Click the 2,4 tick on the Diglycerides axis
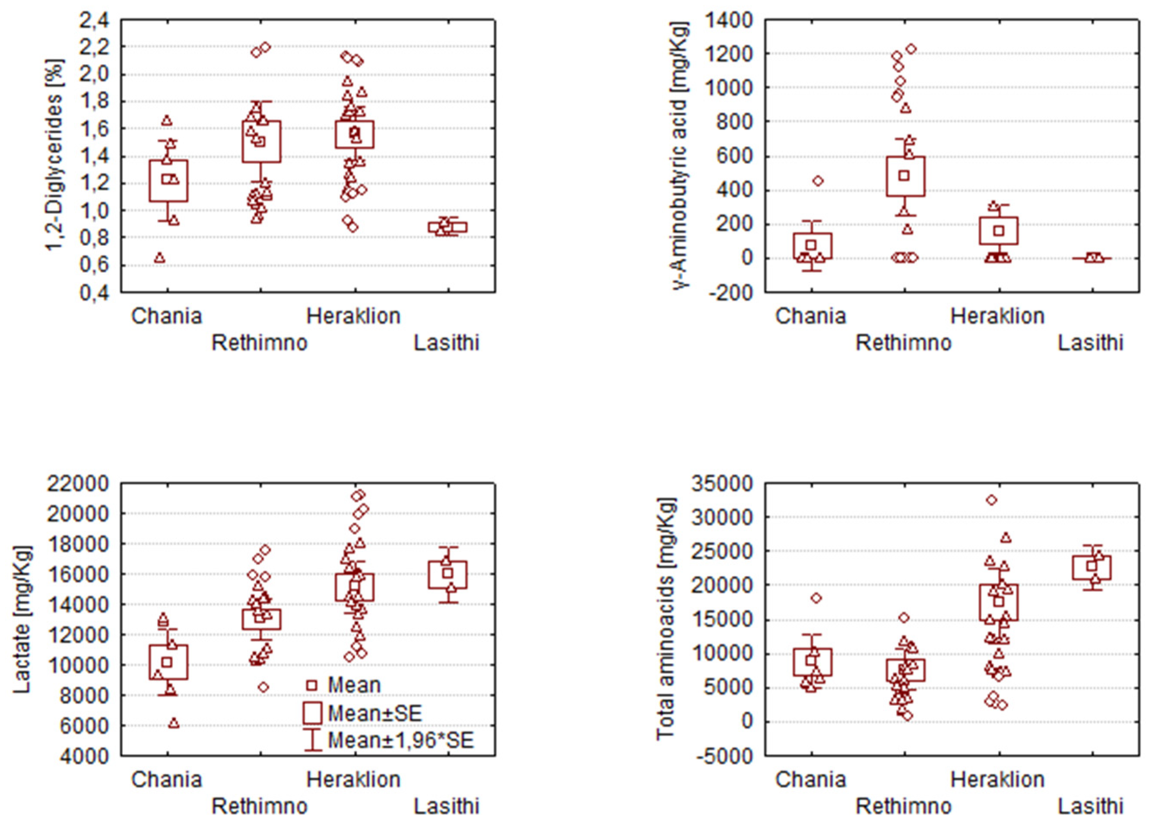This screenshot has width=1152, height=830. (x=94, y=21)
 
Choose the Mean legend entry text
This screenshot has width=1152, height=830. (x=354, y=685)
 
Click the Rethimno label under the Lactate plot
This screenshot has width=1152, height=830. (x=260, y=807)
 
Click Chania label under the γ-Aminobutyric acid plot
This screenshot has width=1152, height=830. (x=811, y=316)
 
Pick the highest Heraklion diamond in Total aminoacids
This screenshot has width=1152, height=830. (x=991, y=500)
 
